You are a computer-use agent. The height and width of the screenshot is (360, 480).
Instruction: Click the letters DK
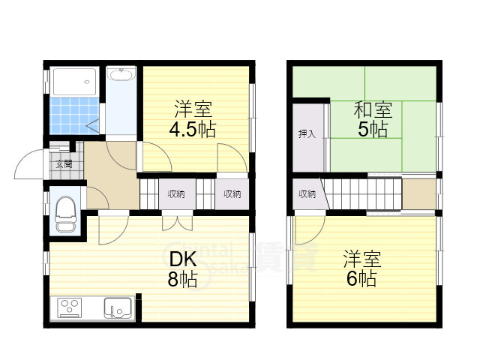tap(182, 260)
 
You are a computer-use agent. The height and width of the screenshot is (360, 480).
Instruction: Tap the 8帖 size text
tap(182, 280)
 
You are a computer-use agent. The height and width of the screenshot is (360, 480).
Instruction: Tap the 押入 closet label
tap(307, 134)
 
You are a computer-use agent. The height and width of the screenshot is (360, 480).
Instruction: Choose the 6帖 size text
tap(361, 279)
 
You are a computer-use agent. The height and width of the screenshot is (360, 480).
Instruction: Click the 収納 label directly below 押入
tap(307, 194)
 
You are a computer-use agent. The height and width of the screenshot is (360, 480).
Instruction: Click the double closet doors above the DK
tap(176, 222)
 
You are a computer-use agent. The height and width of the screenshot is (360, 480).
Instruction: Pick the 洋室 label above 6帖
tap(362, 260)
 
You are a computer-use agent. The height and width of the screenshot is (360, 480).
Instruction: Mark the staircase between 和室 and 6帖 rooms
tap(360, 194)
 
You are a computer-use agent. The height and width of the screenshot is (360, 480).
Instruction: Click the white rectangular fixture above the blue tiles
tap(73, 80)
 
